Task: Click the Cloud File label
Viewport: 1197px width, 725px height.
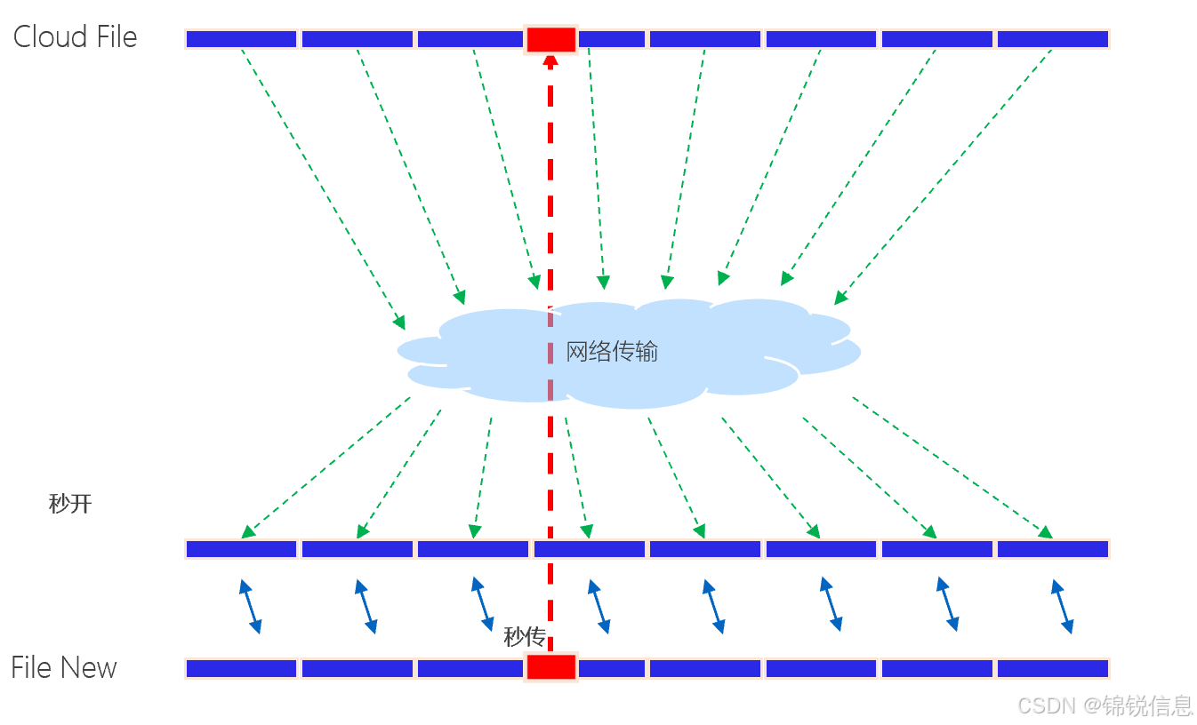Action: point(75,37)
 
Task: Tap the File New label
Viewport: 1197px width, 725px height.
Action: point(64,667)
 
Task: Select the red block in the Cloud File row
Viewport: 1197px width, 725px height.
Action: point(551,39)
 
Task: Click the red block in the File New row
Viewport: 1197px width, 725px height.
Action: point(551,667)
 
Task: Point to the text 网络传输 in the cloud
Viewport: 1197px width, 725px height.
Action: point(612,352)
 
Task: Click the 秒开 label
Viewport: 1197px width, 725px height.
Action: point(70,505)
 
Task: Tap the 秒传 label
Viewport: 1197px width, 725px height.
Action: point(524,636)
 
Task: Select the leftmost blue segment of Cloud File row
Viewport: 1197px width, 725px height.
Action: point(241,39)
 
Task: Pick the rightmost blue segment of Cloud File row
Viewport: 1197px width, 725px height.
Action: point(1052,39)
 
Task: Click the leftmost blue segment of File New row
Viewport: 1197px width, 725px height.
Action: point(241,668)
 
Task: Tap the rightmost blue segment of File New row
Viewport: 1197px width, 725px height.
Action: point(1052,668)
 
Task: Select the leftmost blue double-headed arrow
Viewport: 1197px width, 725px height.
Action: point(249,606)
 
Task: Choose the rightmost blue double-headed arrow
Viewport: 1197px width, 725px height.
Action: point(1062,606)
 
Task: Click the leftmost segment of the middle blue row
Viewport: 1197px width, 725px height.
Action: point(241,549)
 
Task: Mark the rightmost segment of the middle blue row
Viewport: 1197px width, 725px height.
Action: point(1052,549)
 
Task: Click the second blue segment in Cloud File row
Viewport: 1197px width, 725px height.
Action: point(357,39)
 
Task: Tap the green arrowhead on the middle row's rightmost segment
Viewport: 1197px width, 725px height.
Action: point(1046,532)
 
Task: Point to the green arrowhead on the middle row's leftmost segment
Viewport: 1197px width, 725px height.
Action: point(248,532)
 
